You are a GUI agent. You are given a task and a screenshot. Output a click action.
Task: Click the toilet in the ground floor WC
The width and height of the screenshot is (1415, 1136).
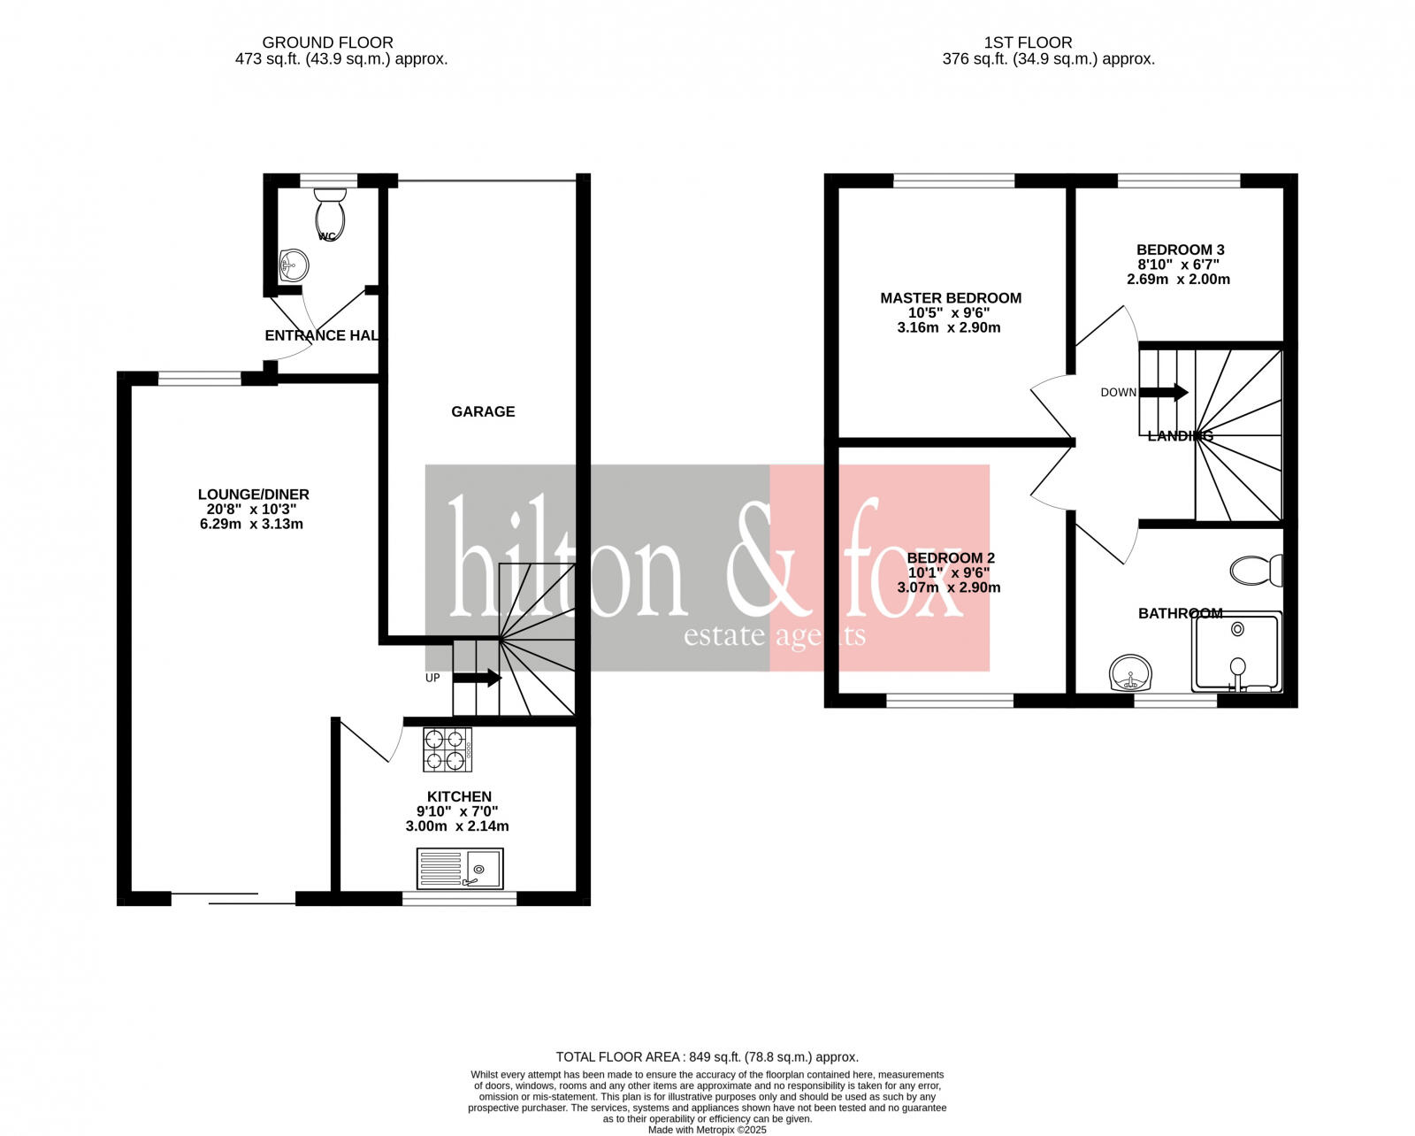pos(329,211)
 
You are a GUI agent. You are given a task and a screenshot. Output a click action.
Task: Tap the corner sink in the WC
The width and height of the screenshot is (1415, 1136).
pos(293,265)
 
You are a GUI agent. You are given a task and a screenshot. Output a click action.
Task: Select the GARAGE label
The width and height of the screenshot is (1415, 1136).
pos(483,411)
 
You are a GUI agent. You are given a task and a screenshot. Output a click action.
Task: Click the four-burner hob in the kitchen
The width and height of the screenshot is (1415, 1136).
pos(447,749)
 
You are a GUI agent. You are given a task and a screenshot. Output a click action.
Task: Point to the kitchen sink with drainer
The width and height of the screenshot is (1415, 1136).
pos(460,869)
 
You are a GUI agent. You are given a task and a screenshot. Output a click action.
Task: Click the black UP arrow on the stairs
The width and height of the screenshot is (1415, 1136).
pos(478,679)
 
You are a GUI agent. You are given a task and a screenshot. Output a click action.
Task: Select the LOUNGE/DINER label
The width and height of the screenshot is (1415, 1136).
pos(253,495)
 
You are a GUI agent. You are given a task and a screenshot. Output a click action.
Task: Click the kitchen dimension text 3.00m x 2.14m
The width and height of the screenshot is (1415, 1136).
pos(457,826)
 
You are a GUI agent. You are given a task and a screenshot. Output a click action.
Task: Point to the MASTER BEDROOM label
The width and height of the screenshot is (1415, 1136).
pos(951,298)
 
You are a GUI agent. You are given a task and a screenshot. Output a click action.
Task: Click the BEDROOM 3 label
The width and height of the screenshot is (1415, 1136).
pos(1180,249)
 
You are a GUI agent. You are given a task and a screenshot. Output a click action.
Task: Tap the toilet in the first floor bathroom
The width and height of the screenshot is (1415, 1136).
pos(1255,571)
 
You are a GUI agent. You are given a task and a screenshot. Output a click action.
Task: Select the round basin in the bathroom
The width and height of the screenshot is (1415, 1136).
pos(1130,673)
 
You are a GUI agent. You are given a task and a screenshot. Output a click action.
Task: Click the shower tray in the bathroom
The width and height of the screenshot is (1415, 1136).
pos(1236,652)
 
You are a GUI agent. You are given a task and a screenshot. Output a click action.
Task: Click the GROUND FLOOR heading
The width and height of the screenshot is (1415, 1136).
pos(327,42)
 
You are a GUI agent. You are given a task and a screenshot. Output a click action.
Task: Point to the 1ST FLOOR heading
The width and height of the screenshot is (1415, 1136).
pos(1028,42)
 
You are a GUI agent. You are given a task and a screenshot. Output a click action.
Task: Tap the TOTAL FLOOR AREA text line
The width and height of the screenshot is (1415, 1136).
pos(707,1056)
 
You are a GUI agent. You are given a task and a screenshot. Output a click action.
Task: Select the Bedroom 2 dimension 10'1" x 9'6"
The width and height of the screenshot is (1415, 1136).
pos(949,572)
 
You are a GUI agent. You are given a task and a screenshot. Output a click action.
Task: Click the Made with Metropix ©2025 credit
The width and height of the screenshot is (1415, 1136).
pos(707,1130)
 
